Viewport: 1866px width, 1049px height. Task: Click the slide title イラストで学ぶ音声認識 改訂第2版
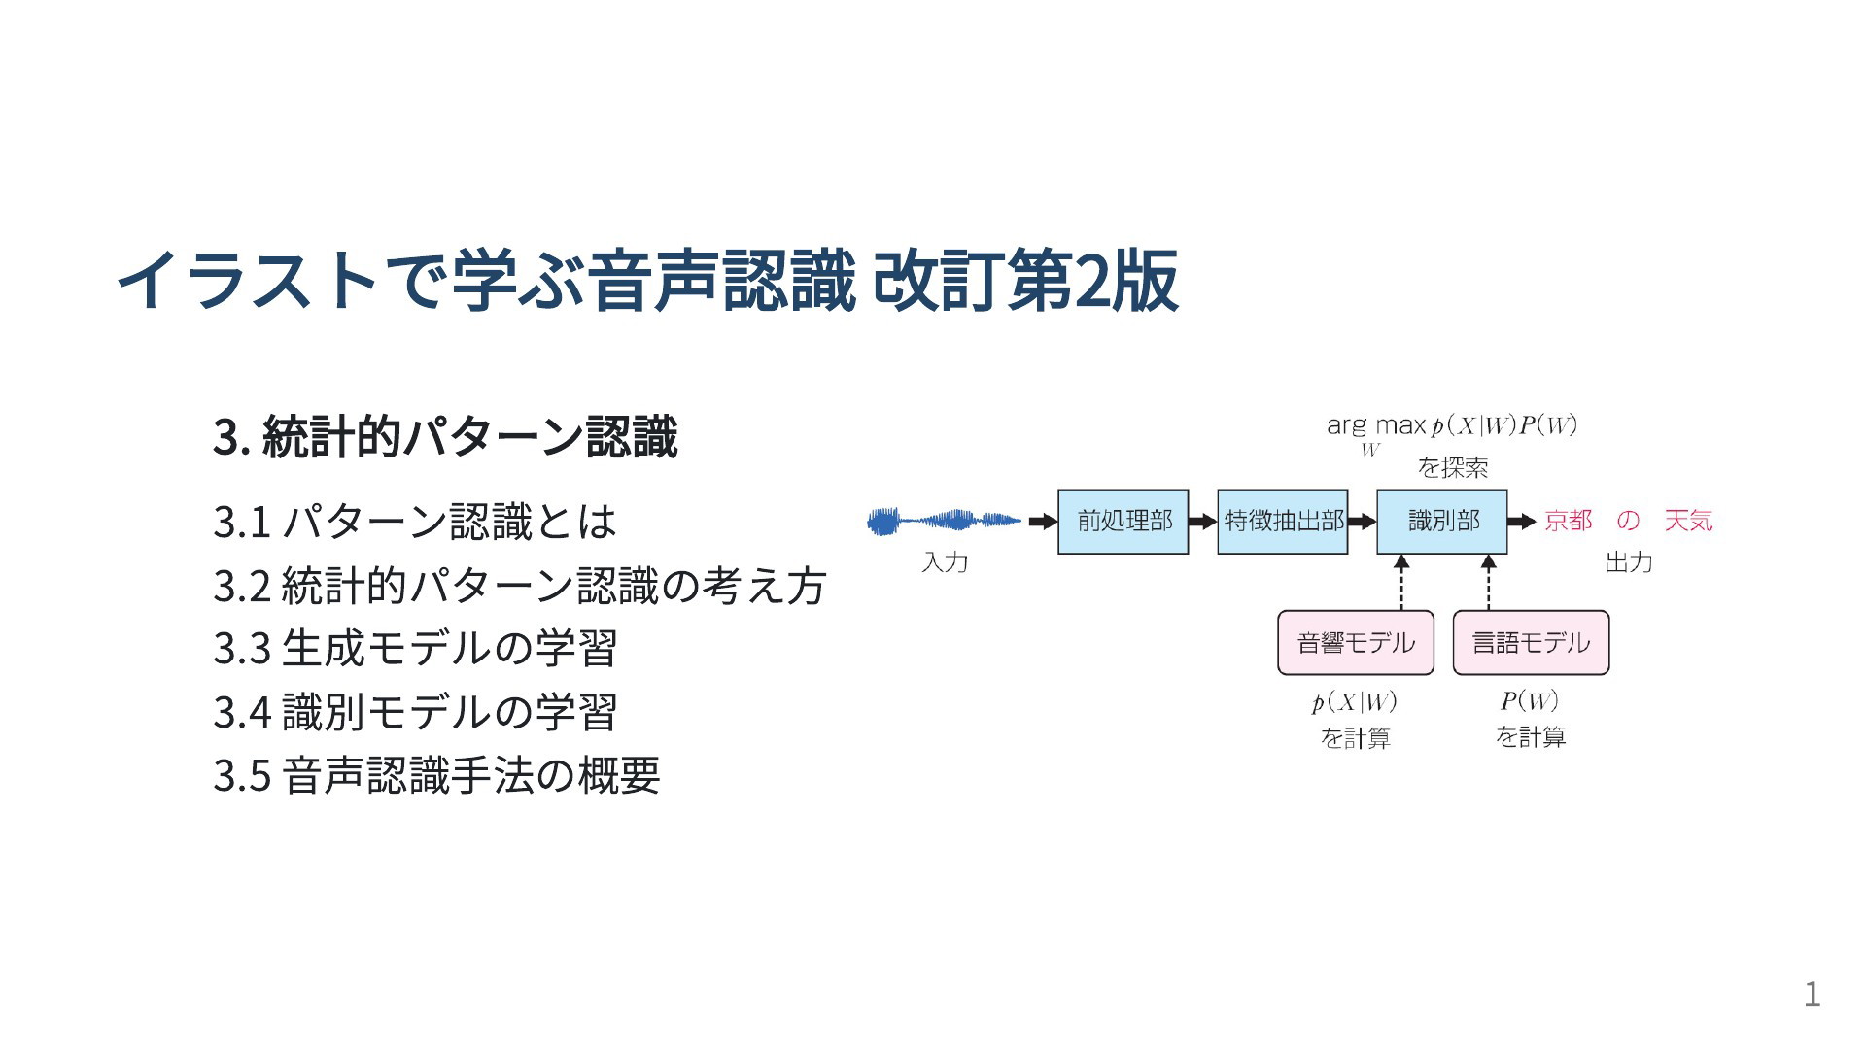click(x=647, y=281)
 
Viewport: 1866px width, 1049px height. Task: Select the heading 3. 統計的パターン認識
click(x=445, y=437)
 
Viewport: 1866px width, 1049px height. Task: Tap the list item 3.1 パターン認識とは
click(x=415, y=522)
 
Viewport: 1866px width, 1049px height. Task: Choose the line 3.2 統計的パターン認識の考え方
click(x=520, y=586)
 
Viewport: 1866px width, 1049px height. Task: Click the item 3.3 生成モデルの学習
click(x=415, y=649)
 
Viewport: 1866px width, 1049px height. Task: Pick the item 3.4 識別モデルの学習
click(x=415, y=712)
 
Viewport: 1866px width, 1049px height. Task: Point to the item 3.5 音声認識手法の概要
click(x=436, y=775)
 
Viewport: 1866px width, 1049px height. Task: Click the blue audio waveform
click(x=944, y=522)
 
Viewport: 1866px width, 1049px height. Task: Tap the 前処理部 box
click(x=1123, y=522)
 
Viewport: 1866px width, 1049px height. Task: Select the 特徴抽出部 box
click(x=1283, y=522)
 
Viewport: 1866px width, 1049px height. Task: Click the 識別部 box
click(x=1442, y=522)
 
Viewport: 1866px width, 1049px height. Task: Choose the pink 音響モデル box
click(x=1356, y=643)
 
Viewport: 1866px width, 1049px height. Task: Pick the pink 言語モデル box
click(x=1531, y=643)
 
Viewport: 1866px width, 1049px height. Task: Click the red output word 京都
click(x=1569, y=522)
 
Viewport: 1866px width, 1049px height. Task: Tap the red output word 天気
click(x=1688, y=522)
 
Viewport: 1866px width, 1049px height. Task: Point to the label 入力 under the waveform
click(x=945, y=562)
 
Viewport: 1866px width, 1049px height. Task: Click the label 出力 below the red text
click(x=1629, y=562)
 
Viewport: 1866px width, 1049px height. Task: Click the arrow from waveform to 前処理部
click(x=1043, y=522)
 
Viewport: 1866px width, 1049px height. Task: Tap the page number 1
click(x=1813, y=995)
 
